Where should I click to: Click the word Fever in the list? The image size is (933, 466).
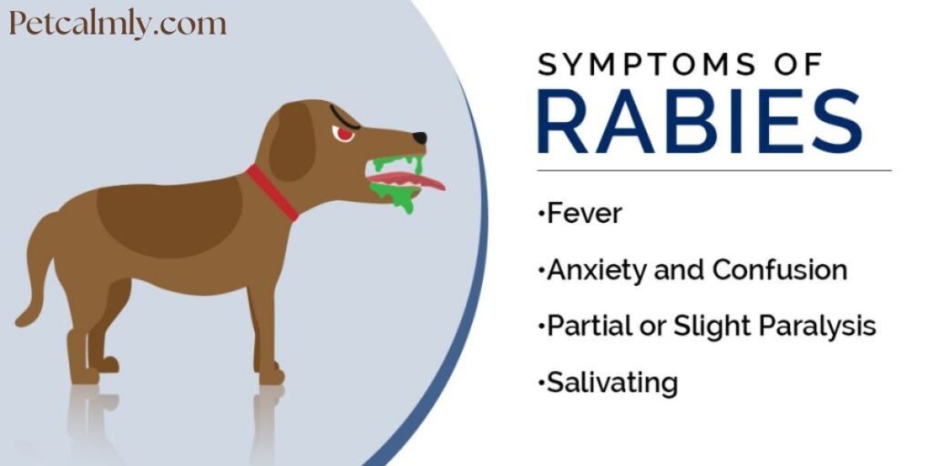584,214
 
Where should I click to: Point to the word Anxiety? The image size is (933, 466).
596,270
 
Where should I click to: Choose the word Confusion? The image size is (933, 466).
780,270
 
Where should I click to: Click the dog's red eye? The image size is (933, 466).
344,134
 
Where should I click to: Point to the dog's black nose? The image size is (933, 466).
418,138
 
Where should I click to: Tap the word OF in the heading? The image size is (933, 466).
796,66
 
